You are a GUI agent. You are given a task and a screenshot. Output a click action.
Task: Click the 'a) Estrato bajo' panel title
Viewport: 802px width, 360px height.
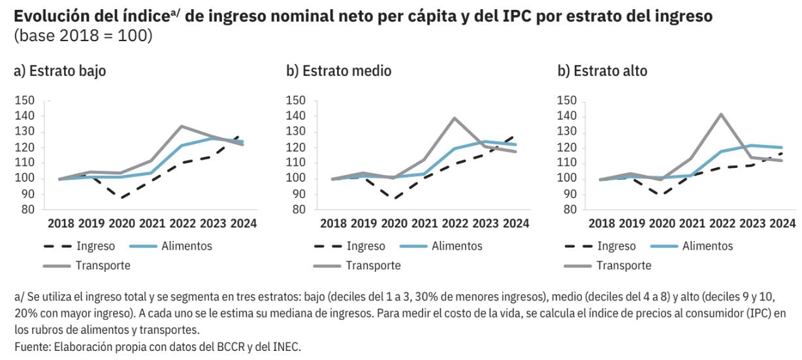tap(59, 71)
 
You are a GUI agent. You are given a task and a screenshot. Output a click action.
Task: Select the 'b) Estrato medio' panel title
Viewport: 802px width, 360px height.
tap(339, 71)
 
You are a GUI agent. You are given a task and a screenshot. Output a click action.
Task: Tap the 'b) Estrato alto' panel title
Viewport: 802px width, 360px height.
tap(602, 71)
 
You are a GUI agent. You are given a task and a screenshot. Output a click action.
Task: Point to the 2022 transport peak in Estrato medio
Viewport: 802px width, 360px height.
tap(453, 118)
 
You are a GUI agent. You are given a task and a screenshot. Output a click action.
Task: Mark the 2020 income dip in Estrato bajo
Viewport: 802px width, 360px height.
tap(121, 197)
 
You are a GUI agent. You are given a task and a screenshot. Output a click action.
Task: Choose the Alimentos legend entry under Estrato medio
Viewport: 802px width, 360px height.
tap(458, 246)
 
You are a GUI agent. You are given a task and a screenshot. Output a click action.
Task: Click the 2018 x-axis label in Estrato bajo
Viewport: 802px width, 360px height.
tap(62, 223)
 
